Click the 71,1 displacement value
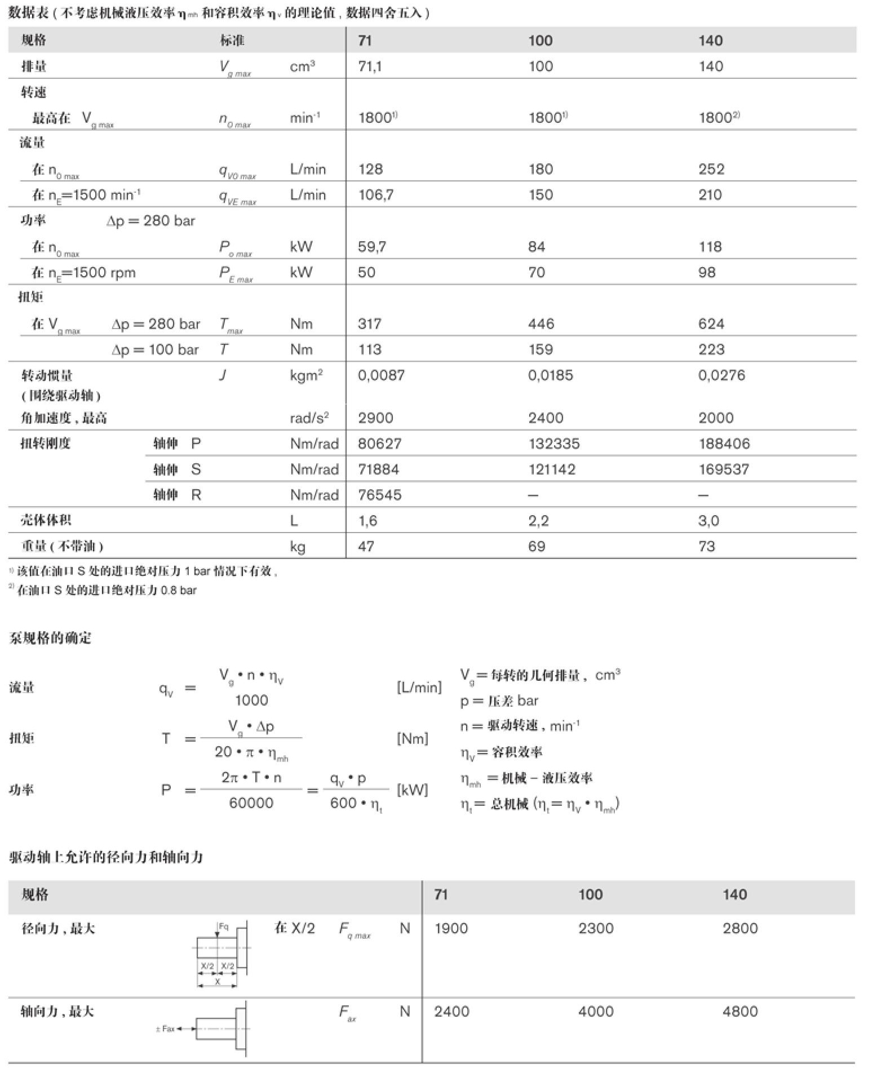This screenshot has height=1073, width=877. tap(370, 66)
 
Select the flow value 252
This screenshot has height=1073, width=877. tap(711, 169)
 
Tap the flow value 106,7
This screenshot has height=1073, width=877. tap(376, 195)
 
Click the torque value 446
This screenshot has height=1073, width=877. tap(541, 324)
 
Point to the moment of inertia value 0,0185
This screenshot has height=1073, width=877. tap(550, 375)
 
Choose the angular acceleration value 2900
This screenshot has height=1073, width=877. tap(375, 418)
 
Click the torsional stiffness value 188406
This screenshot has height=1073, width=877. tap(724, 444)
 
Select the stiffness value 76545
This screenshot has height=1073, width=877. tap(380, 495)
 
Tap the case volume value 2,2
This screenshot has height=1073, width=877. tap(538, 521)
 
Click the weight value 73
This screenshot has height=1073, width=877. tap(707, 547)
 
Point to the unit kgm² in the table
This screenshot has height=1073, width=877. tap(306, 375)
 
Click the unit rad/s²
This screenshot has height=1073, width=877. tap(309, 418)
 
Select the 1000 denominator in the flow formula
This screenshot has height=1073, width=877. tap(251, 700)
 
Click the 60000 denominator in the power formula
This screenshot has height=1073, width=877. tap(251, 803)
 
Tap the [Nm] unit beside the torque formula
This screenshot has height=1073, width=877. tap(413, 739)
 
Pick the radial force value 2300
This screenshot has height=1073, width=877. tap(595, 929)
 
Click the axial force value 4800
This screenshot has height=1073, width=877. tap(740, 1012)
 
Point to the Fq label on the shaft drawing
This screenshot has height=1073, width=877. tap(223, 927)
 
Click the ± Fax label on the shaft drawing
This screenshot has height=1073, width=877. tap(165, 1029)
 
